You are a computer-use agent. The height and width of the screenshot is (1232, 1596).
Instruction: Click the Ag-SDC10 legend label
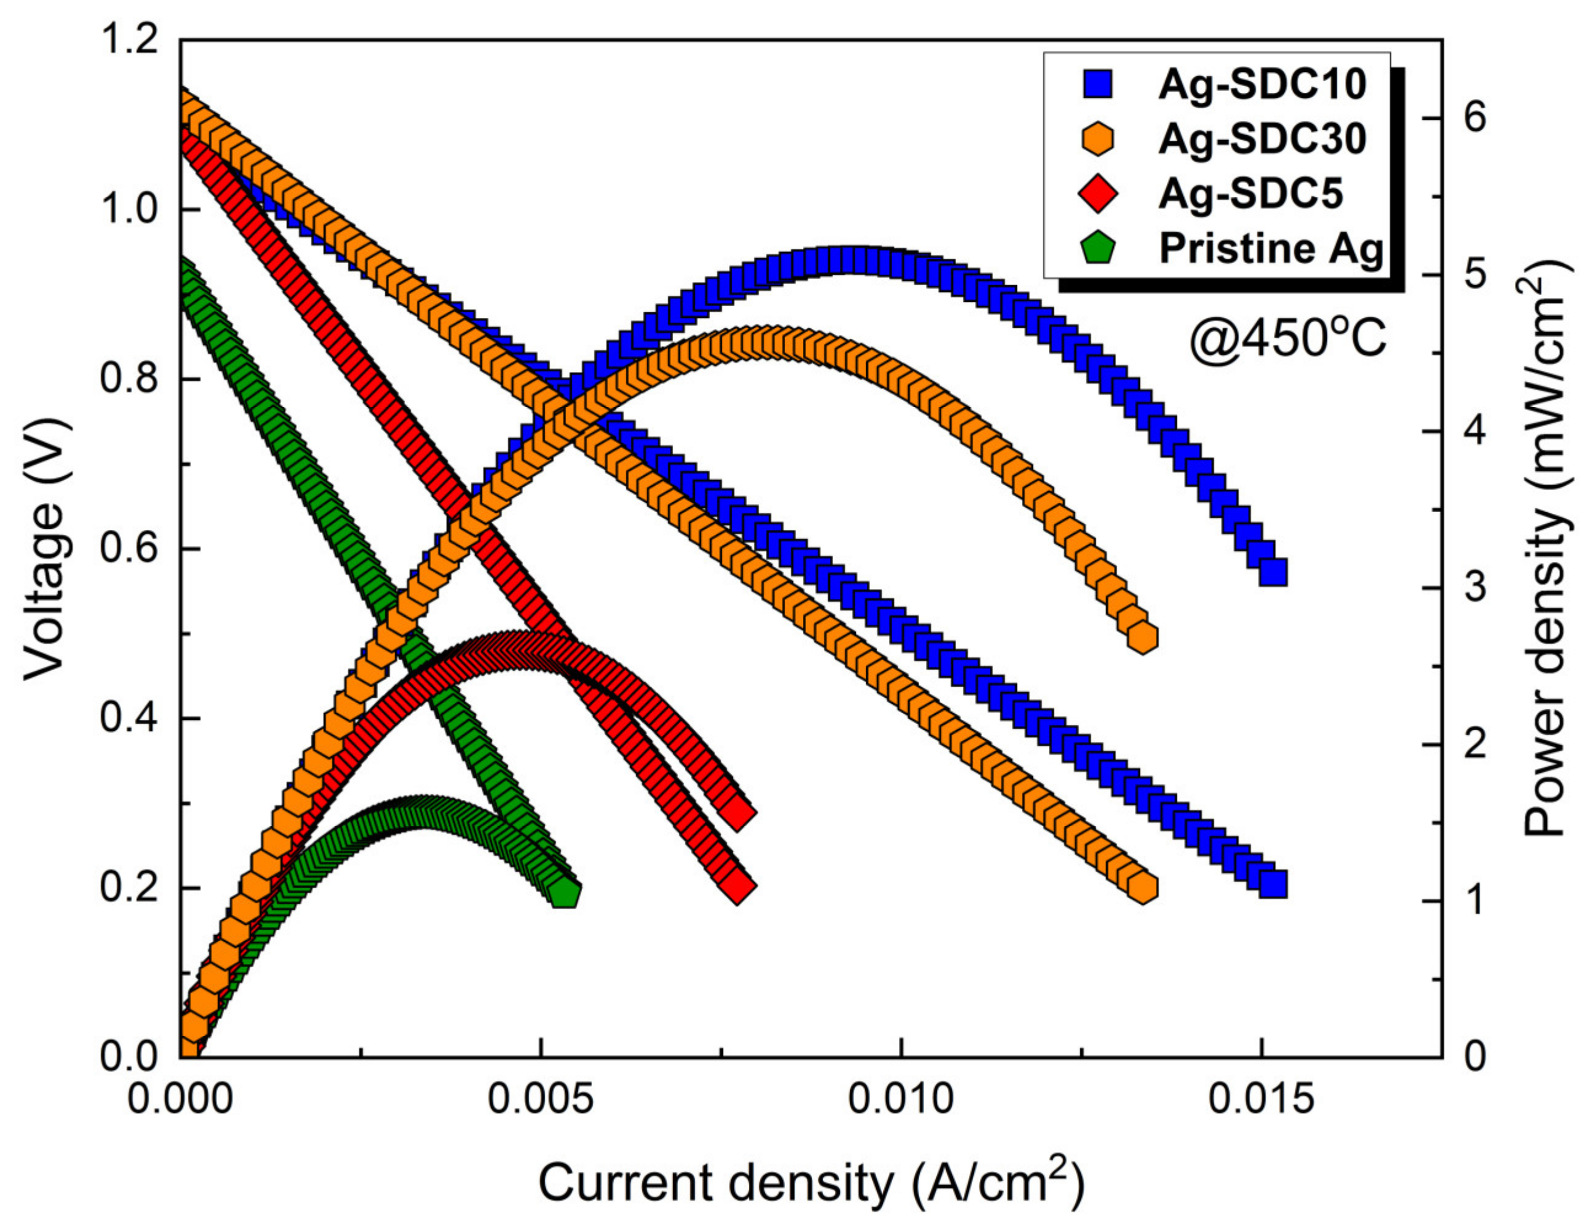[1262, 85]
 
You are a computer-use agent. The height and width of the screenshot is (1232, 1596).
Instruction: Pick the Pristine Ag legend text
[1271, 248]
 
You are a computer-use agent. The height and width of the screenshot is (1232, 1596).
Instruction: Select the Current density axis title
[811, 1182]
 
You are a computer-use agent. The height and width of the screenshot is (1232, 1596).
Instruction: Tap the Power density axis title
[1551, 548]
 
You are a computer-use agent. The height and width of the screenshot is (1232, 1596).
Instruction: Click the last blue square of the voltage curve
[1273, 883]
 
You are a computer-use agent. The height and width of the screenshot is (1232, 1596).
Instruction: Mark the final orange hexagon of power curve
[1142, 637]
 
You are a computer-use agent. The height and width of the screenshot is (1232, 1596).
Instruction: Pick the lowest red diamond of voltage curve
[737, 886]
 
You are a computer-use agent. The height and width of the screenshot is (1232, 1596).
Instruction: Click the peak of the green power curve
[420, 812]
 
